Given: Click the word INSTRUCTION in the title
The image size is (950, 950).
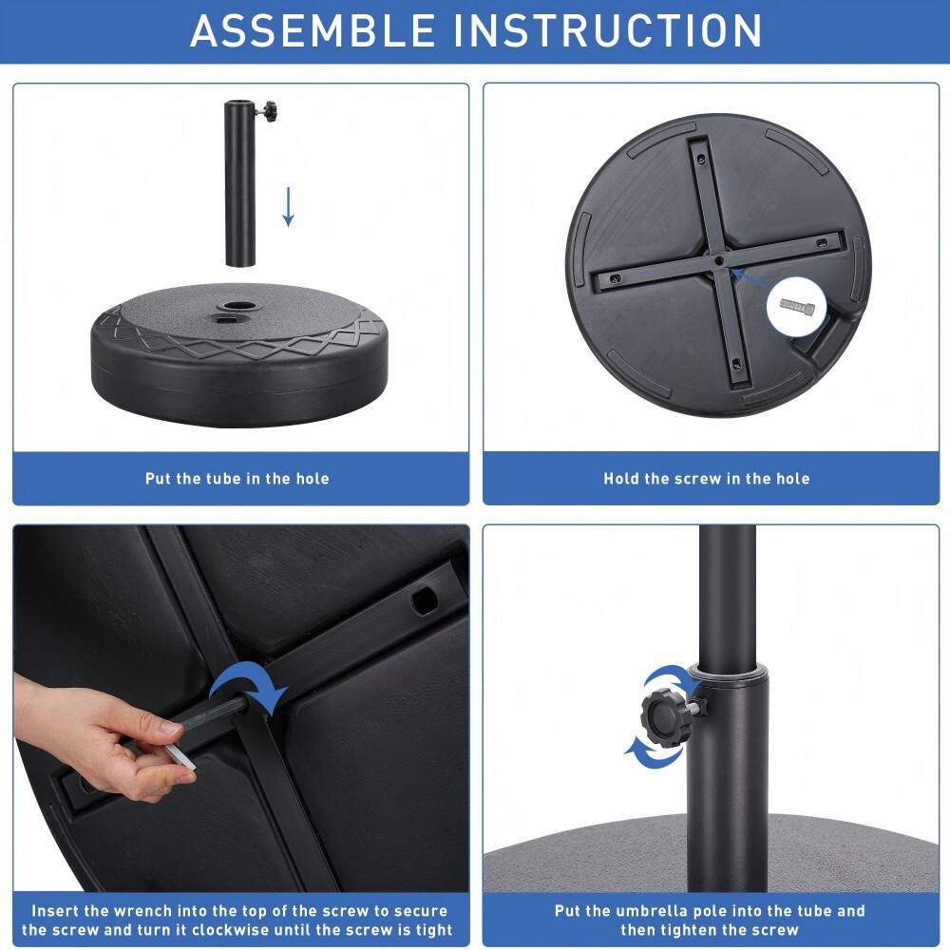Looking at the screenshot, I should click(x=607, y=29).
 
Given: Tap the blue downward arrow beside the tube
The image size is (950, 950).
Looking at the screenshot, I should click(x=288, y=206).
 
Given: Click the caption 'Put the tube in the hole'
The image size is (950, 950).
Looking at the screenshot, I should click(x=237, y=479).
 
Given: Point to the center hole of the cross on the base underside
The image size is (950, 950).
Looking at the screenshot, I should click(x=719, y=258).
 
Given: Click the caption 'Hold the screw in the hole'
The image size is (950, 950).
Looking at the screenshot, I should click(x=707, y=479).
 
